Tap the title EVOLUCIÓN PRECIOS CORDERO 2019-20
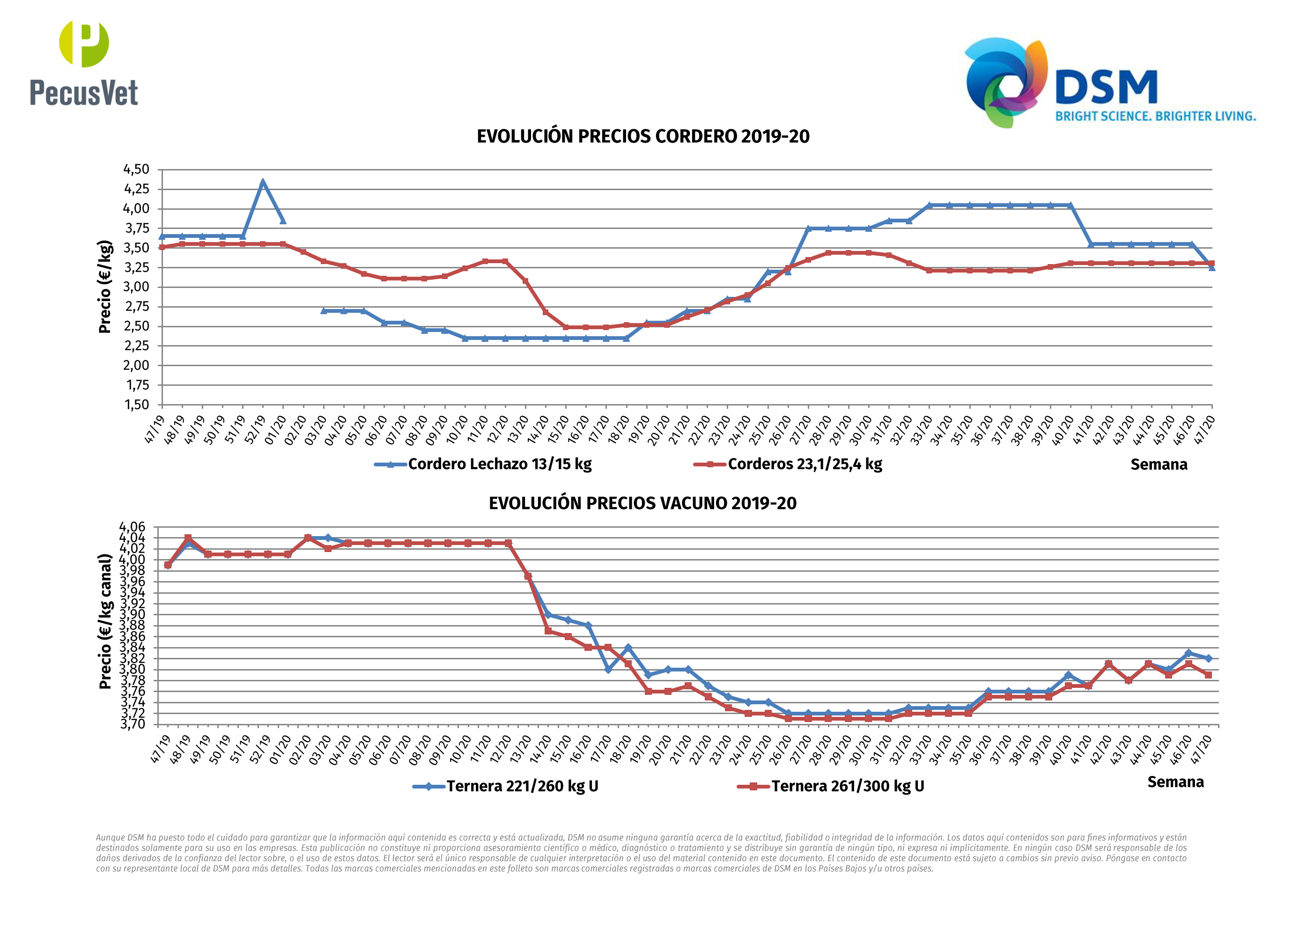[642, 137]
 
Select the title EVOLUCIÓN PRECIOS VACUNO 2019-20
[642, 503]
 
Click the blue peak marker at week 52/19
[263, 183]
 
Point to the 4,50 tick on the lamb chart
[136, 170]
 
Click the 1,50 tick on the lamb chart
[136, 405]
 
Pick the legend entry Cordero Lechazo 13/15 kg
[499, 464]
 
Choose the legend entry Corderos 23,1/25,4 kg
[804, 464]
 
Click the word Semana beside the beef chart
[1175, 782]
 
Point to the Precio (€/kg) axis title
[105, 287]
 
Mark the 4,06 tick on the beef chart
[132, 527]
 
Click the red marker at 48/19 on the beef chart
[188, 538]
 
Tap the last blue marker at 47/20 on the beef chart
[1208, 658]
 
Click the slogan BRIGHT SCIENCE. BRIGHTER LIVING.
[1155, 116]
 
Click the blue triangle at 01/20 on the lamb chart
[283, 221]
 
